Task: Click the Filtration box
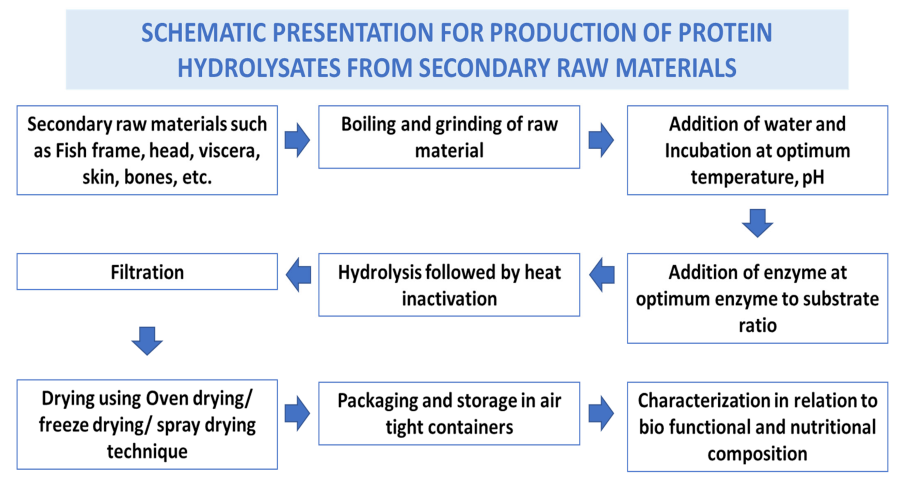point(147,272)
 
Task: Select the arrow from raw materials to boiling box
point(297,140)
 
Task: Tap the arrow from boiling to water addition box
point(601,140)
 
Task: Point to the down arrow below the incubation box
point(757,223)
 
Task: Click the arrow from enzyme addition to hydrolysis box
point(602,275)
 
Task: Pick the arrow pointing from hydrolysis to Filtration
point(298,275)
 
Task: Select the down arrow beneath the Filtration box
point(147,341)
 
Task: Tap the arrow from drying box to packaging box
point(297,413)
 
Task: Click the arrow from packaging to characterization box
point(601,413)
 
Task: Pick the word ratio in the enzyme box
point(757,325)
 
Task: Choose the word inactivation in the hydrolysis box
point(449,299)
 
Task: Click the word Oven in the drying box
point(167,398)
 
